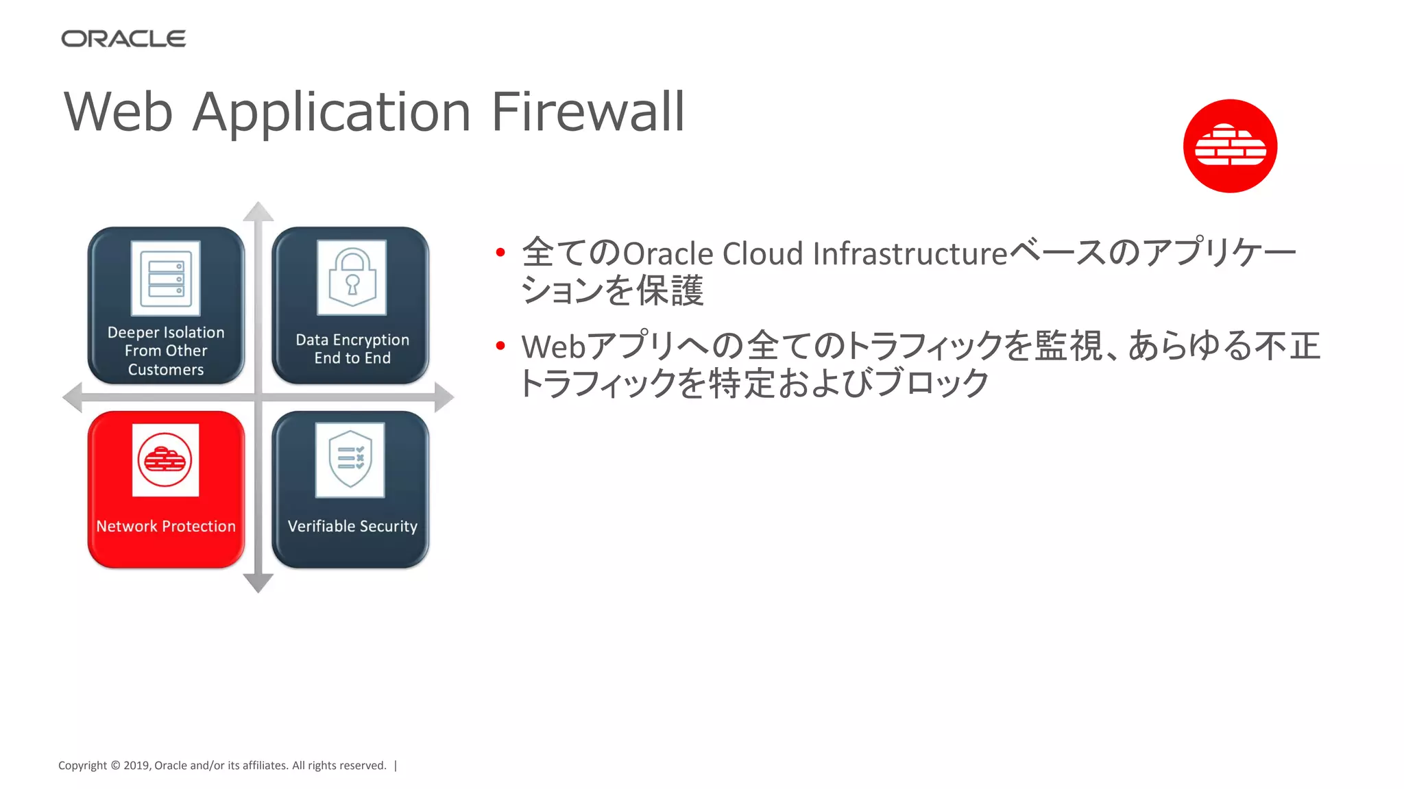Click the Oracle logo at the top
[123, 39]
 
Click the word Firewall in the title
[588, 112]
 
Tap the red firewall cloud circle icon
[1230, 146]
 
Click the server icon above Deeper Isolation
[166, 278]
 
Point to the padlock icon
[352, 277]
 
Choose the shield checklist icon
[350, 460]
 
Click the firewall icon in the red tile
[165, 460]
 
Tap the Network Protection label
[166, 526]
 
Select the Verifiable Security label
[352, 526]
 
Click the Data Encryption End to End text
[352, 349]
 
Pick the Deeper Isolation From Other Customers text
[166, 351]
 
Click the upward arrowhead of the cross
[258, 212]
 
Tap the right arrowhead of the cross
[444, 397]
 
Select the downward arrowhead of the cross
[258, 583]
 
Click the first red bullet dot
[500, 253]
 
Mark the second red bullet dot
[500, 346]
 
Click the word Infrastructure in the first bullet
[910, 253]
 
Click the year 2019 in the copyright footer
[136, 766]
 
